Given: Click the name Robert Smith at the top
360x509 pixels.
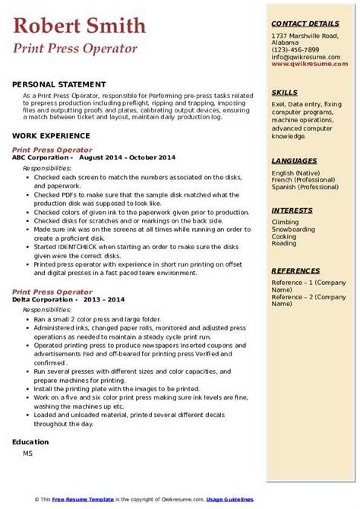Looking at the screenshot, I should pyautogui.click(x=79, y=27).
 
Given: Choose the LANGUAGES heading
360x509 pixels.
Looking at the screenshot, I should pyautogui.click(x=294, y=161).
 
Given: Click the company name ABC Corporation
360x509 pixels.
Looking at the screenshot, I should pyautogui.click(x=43, y=157).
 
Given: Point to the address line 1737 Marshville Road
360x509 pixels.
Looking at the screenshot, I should pyautogui.click(x=307, y=36).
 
